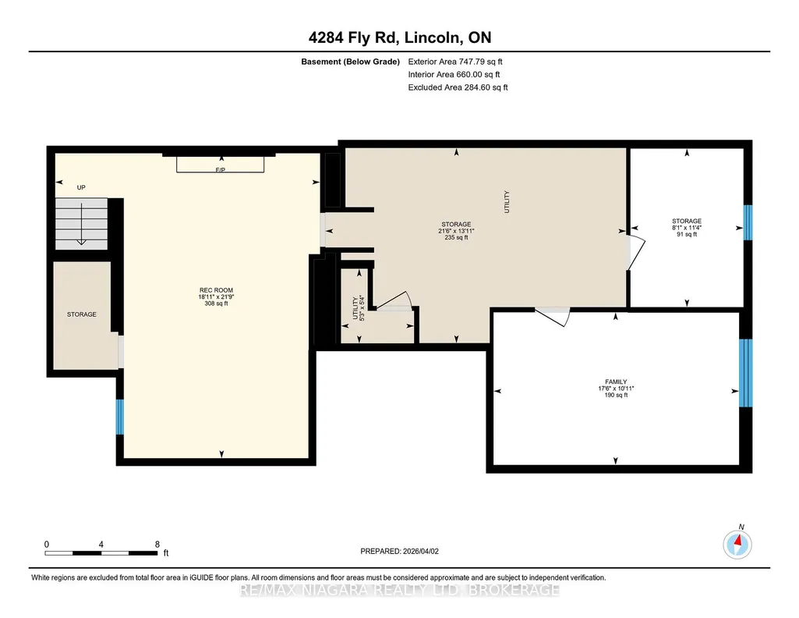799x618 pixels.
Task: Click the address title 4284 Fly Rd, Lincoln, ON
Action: pyautogui.click(x=400, y=37)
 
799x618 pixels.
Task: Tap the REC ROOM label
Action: pyautogui.click(x=216, y=290)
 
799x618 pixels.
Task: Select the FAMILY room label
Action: pyautogui.click(x=616, y=382)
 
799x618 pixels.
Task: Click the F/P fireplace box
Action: pyautogui.click(x=220, y=164)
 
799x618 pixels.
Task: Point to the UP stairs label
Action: pyautogui.click(x=81, y=187)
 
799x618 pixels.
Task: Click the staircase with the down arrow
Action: pyautogui.click(x=82, y=224)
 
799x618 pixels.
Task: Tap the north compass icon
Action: pyautogui.click(x=737, y=545)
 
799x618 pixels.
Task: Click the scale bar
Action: pyautogui.click(x=101, y=552)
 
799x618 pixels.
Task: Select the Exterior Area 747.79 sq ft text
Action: pyautogui.click(x=455, y=62)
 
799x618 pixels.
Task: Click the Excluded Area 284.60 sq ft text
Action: pyautogui.click(x=458, y=87)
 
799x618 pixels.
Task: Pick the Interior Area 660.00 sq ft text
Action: pyautogui.click(x=454, y=74)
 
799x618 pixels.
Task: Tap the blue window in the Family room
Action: pyautogui.click(x=745, y=373)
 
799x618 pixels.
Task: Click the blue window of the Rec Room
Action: pyautogui.click(x=120, y=417)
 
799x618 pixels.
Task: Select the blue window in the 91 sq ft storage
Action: pyautogui.click(x=748, y=222)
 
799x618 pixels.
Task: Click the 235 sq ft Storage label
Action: pyautogui.click(x=456, y=230)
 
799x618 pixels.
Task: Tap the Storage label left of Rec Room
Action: pyautogui.click(x=82, y=314)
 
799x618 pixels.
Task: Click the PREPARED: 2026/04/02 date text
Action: pyautogui.click(x=399, y=551)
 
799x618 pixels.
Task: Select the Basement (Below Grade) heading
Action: pyautogui.click(x=350, y=62)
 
